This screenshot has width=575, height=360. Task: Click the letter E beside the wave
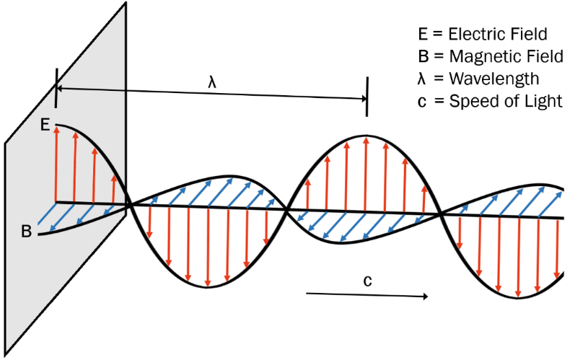pos(45,125)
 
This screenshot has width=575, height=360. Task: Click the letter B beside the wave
pos(26,232)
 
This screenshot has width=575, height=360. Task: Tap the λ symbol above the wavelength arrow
pos(212,82)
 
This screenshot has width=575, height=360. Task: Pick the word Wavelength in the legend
pos(493,79)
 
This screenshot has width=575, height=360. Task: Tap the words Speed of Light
pos(505,101)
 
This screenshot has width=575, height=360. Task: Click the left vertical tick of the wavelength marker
pos(56,87)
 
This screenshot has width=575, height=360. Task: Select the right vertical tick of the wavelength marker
pos(367,97)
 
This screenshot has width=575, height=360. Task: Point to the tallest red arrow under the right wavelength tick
pos(366,173)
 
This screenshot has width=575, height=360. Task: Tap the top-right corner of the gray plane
pos(126,3)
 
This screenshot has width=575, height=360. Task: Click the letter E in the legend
pos(423,34)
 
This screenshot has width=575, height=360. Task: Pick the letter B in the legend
pos(423,56)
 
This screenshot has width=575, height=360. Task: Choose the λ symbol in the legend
pos(423,79)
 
